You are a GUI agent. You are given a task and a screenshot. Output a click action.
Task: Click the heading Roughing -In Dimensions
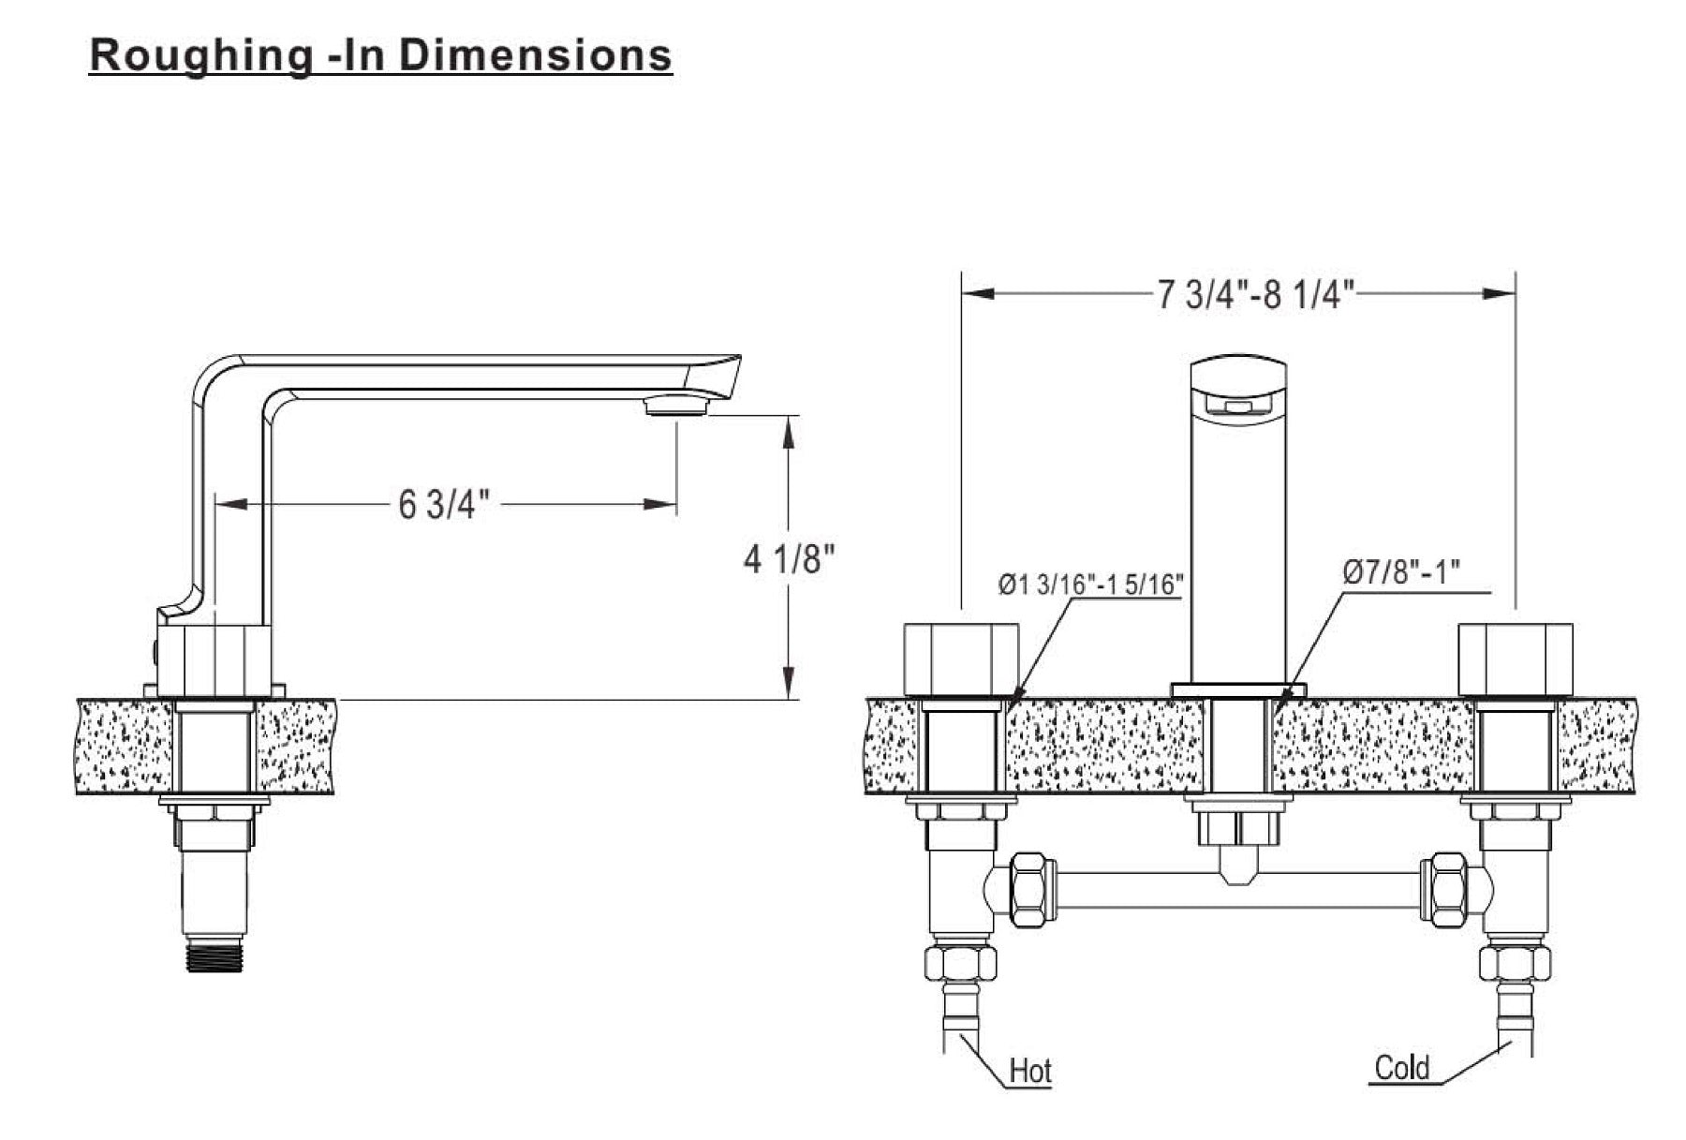[380, 55]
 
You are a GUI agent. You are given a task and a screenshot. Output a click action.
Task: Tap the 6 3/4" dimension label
[444, 505]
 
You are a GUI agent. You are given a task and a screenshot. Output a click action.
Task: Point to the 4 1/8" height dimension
[789, 559]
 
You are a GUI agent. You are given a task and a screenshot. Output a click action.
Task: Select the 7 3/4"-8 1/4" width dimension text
[1255, 294]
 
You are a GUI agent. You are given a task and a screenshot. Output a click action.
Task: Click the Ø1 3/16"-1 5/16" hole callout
[1090, 585]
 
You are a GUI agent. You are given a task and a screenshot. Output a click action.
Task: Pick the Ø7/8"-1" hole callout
[1401, 571]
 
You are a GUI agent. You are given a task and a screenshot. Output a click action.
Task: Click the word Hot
[1030, 1071]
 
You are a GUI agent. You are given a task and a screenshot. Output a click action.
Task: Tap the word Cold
[1402, 1067]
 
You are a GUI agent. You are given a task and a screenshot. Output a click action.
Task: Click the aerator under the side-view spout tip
[676, 405]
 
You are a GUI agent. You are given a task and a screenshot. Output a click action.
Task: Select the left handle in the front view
[961, 659]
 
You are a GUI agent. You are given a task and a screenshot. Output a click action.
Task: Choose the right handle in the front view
[1516, 659]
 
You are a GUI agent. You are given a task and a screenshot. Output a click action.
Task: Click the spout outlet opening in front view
[1237, 406]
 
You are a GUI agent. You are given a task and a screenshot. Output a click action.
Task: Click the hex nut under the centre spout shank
[1237, 826]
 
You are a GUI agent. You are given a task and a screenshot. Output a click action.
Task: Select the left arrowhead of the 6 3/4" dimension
[230, 505]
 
